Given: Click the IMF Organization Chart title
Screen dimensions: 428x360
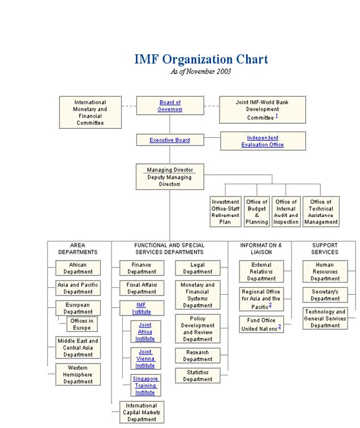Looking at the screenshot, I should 201,59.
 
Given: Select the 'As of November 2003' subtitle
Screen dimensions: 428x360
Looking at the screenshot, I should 201,72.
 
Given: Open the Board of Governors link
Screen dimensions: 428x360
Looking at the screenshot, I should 170,106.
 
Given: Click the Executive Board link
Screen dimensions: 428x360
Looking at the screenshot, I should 170,140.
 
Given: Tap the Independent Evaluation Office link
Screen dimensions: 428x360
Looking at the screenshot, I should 263,141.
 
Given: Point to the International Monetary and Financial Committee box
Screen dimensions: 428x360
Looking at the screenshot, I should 90,113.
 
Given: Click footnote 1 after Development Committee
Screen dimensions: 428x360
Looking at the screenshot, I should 277,116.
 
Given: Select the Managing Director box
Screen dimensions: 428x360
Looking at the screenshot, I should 170,177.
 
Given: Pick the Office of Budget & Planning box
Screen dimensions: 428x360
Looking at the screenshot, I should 256,212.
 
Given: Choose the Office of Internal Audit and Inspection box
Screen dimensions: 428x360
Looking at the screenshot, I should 286,212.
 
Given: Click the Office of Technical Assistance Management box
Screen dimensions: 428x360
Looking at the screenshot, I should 321,212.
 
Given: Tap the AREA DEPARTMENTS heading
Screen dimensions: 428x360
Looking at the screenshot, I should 78,249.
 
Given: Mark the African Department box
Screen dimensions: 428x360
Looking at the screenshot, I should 78,268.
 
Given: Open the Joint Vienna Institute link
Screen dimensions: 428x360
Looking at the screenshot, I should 145,358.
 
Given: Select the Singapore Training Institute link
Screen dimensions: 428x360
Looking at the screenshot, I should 145,385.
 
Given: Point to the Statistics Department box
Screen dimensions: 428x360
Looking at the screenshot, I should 198,376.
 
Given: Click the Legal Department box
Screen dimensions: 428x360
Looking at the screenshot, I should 198,268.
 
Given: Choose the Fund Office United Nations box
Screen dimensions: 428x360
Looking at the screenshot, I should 261,325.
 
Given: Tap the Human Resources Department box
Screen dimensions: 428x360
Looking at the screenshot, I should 325,271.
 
